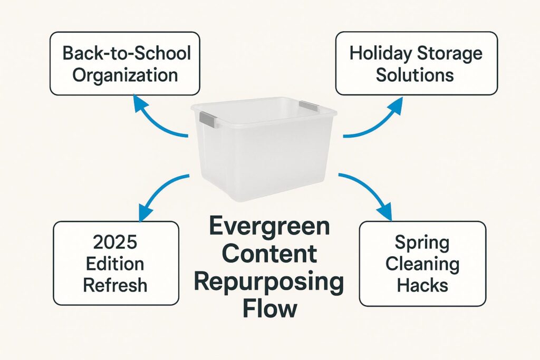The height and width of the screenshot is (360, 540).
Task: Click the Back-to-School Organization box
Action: tap(124, 63)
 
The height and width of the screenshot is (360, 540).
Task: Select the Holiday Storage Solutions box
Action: tap(416, 63)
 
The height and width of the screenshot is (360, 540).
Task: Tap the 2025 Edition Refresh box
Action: tap(117, 264)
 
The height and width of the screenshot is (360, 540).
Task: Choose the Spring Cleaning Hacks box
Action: tap(422, 264)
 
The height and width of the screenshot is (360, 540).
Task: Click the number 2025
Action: tap(114, 242)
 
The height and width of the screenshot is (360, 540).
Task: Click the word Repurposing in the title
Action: tap(269, 284)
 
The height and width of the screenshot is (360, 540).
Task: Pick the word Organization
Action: tap(124, 74)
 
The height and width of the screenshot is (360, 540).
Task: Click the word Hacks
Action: tap(422, 285)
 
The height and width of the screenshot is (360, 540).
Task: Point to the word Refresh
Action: tap(115, 285)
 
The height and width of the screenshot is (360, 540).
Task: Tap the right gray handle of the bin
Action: tap(308, 106)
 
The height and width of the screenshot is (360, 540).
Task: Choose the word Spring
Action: tap(422, 243)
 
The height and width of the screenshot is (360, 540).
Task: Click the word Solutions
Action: tap(416, 74)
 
